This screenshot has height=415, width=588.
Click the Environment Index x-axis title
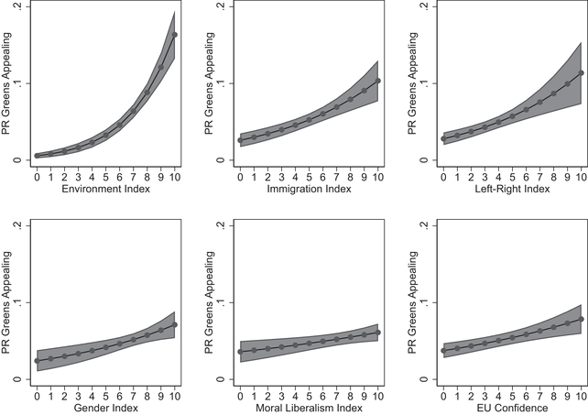click(105, 189)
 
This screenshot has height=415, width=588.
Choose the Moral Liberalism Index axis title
click(309, 408)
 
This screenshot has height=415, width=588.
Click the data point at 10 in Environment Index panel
click(175, 35)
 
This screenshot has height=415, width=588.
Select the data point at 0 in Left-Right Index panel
click(443, 139)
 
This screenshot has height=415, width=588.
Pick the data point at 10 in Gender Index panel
click(175, 324)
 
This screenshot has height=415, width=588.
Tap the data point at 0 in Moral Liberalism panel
click(240, 352)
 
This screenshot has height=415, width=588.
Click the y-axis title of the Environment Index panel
click(7, 83)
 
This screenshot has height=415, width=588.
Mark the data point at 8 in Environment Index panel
click(147, 91)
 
